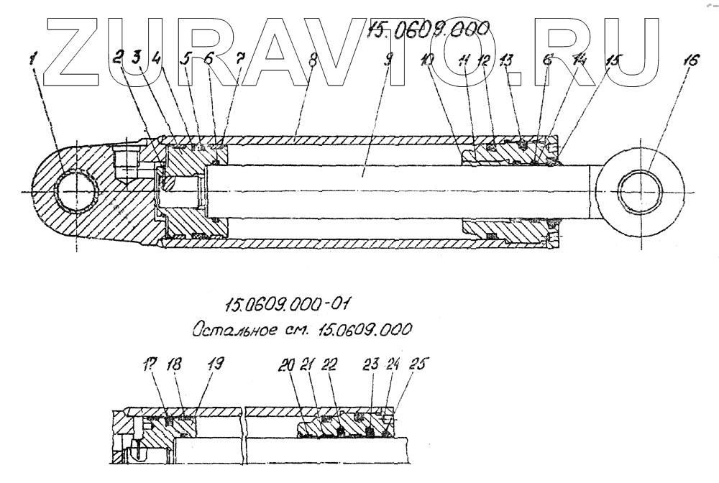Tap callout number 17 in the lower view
[150, 365]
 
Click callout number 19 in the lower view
[215, 365]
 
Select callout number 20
[287, 365]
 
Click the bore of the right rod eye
[641, 190]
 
